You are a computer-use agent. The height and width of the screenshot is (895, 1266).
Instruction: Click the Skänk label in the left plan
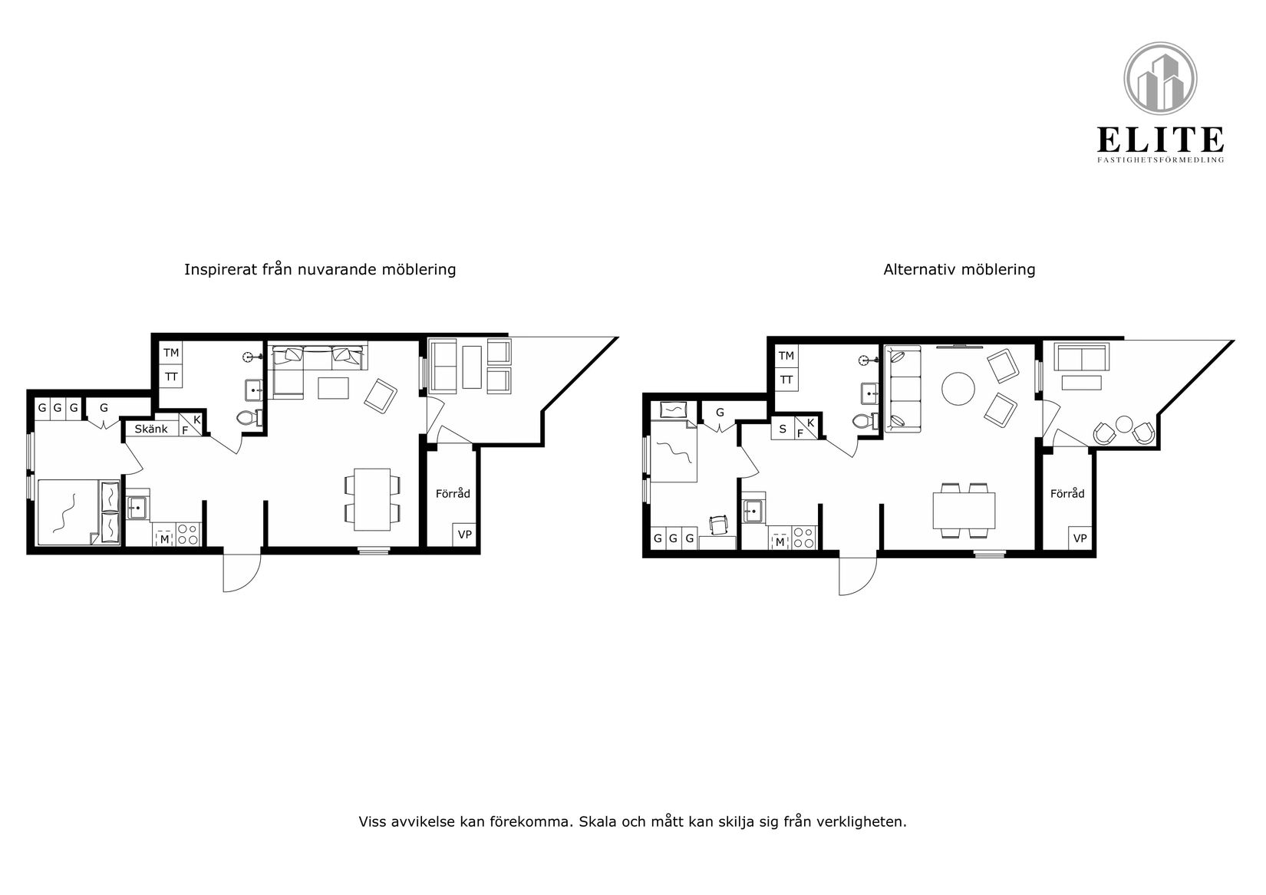coord(151,429)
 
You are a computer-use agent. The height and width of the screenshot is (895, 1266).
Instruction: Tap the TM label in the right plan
coord(786,355)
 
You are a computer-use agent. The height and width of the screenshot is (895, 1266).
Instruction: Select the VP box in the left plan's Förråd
coord(464,535)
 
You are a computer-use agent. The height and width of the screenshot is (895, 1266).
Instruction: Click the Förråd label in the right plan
coord(1067,493)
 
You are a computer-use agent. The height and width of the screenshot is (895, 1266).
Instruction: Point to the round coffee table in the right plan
coord(958,388)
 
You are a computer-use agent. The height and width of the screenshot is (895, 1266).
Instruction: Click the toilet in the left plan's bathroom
coord(249,418)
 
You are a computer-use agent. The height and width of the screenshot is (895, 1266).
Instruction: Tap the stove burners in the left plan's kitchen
coord(189,535)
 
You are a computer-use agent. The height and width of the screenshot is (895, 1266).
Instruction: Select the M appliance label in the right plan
coord(780,542)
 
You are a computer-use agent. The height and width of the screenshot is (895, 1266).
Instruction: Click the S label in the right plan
coord(783,429)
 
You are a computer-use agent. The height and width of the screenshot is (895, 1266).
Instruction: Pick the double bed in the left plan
coord(78,512)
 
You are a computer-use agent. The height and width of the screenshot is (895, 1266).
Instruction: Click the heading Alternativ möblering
coord(959,269)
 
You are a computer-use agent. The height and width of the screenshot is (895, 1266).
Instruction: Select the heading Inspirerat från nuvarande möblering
coord(320,269)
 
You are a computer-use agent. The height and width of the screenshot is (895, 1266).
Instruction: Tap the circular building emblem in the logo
coord(1160,79)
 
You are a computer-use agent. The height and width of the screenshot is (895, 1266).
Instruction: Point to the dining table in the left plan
coord(372,499)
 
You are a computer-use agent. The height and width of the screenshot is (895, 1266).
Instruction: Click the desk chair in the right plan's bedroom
coord(718,525)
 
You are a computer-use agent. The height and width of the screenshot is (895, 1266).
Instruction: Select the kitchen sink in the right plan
coord(752,512)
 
